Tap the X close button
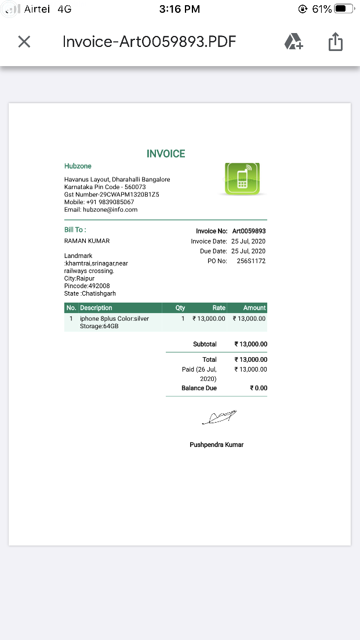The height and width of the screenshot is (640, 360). tap(24, 42)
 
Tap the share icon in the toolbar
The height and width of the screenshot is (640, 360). tap(336, 42)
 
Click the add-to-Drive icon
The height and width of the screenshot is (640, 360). tap(293, 42)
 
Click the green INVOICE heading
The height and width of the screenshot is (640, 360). tap(166, 154)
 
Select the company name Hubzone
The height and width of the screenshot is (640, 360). tap(78, 166)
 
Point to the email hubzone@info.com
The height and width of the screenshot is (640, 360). tap(101, 209)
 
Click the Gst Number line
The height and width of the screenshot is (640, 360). tap(111, 194)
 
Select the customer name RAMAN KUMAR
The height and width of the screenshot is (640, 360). tap(87, 241)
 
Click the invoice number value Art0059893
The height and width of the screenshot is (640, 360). tap(249, 231)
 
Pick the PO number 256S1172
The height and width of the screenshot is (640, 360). tap(251, 261)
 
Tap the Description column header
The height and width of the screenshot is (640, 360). tap(96, 308)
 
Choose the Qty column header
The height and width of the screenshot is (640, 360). tap(180, 308)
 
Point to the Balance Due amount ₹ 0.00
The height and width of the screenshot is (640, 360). tap(259, 388)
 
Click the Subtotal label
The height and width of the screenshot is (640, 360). tap(205, 344)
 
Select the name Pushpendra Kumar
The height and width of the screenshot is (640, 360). tap(216, 445)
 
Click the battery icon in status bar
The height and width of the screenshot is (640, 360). tap(344, 9)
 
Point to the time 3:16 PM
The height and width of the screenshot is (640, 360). tap(179, 9)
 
